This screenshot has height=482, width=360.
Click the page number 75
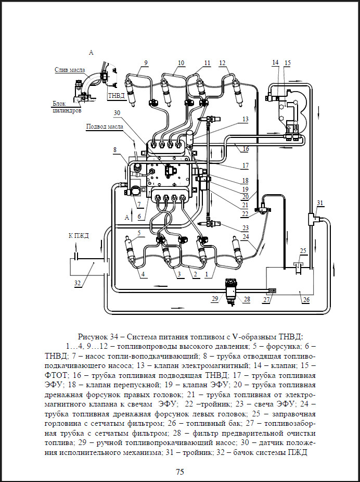pos(179,472)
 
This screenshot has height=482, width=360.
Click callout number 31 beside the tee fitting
pos(320,203)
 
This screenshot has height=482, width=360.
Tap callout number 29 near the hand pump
pos(214,299)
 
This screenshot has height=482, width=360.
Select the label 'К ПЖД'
pos(79,236)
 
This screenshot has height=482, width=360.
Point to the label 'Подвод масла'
pos(105,126)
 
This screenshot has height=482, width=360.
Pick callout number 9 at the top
pos(146,62)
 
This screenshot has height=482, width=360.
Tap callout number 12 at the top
pos(222,62)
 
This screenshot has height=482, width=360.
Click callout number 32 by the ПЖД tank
pos(78,283)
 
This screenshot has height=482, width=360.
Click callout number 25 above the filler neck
pos(303,251)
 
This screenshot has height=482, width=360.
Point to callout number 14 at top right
pos(276,62)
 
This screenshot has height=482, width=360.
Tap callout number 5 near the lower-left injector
pos(139,233)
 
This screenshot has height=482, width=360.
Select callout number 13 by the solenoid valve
pos(245,119)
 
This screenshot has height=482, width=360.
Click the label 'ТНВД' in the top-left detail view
pos(113,96)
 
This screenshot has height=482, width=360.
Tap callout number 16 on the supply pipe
pos(245,148)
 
